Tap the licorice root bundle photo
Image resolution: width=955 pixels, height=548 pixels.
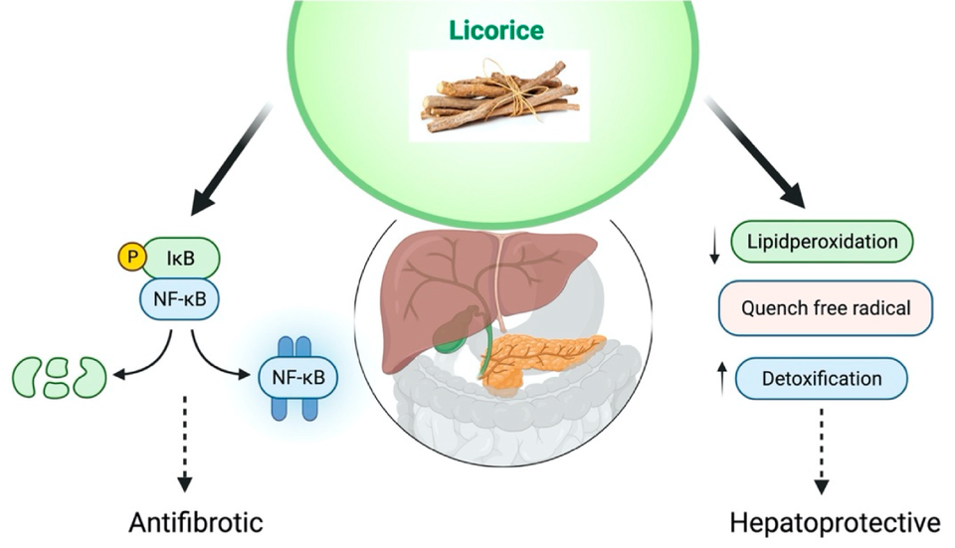coord(498,95)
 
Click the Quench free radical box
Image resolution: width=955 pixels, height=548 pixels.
coord(825,308)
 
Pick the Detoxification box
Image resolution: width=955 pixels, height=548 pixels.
coord(821,379)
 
